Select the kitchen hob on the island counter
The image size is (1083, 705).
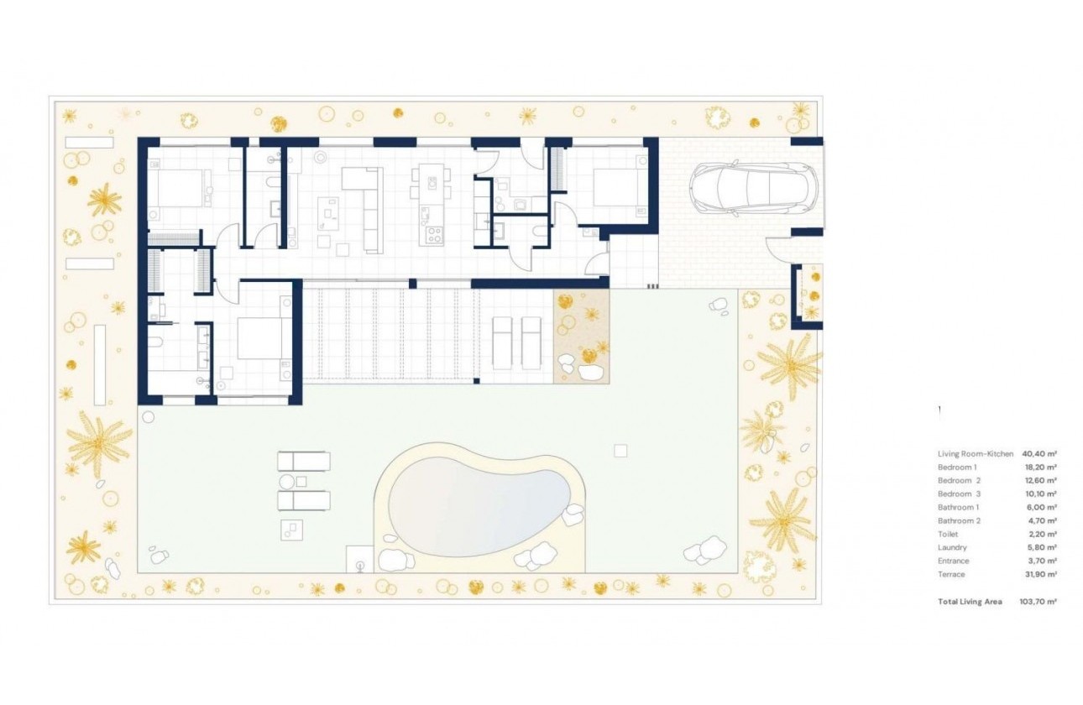pos(435,234)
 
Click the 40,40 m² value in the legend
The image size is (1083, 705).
pos(1039,453)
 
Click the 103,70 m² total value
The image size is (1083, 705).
pos(1039,602)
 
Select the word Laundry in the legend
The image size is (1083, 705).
pos(952,547)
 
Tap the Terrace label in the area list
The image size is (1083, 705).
pos(951,574)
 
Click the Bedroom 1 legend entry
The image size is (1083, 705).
pos(957,467)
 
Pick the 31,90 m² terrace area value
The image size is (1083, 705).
pos(1039,574)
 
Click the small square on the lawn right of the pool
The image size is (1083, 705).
pos(620,451)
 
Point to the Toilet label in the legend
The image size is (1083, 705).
pos(947,534)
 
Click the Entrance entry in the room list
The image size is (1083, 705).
pos(953,561)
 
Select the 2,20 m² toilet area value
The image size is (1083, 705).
pos(1039,534)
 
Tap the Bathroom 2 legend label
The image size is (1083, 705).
pos(959,520)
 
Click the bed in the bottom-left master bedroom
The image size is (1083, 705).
pos(258,340)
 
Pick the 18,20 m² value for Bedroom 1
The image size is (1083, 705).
pos(1039,467)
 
